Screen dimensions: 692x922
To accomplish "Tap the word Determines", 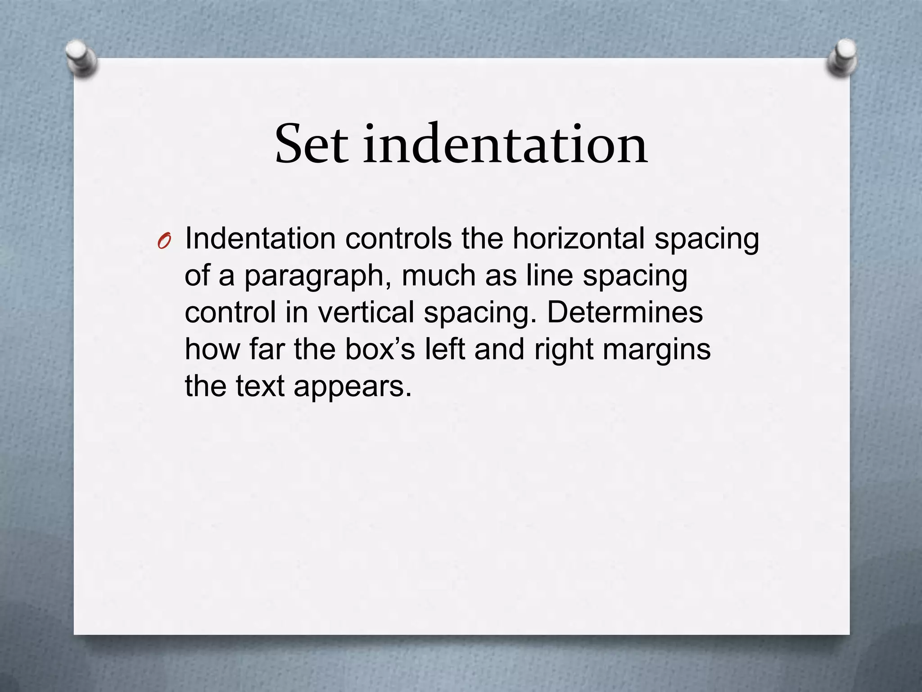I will pos(624,312).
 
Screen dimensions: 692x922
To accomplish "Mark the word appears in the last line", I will pos(353,387).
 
